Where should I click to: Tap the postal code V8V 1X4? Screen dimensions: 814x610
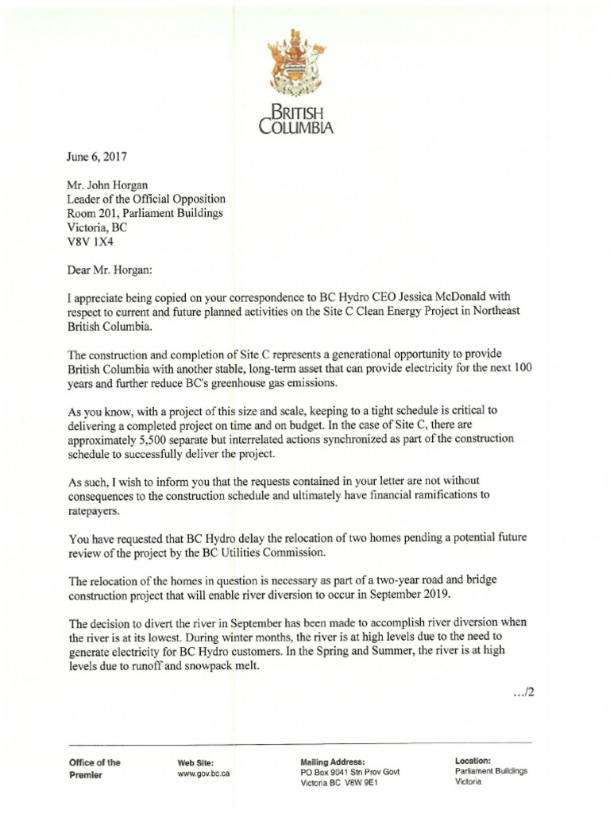(91, 242)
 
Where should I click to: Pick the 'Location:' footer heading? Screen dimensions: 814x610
(473, 761)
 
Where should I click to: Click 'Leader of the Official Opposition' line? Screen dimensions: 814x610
(147, 199)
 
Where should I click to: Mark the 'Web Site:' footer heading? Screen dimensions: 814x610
(195, 762)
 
